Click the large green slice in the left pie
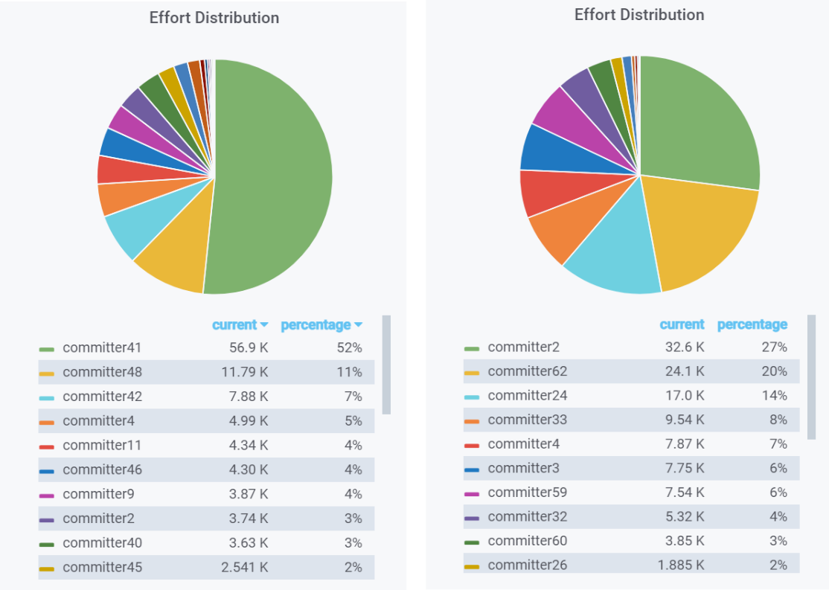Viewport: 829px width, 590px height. tap(269, 177)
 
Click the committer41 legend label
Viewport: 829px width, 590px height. tap(102, 348)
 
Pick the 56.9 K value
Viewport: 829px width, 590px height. tap(249, 348)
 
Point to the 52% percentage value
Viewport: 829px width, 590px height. tap(350, 348)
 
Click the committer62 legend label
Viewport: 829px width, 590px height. tap(527, 372)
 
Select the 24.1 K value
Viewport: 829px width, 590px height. tap(685, 372)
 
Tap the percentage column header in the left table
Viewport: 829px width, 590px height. tap(321, 325)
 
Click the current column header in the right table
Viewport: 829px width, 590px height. tap(682, 324)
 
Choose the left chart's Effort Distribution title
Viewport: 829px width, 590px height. tap(214, 17)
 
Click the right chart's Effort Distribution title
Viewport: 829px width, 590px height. tap(639, 15)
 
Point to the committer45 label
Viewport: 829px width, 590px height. tap(103, 567)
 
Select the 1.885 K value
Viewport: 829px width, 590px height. tap(681, 565)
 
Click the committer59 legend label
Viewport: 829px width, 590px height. tap(527, 493)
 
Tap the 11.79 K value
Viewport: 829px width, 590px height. tap(245, 372)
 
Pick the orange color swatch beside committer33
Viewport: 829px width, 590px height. tap(472, 421)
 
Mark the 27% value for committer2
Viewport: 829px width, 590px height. tap(775, 347)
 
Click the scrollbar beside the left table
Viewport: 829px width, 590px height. tap(386, 365)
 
